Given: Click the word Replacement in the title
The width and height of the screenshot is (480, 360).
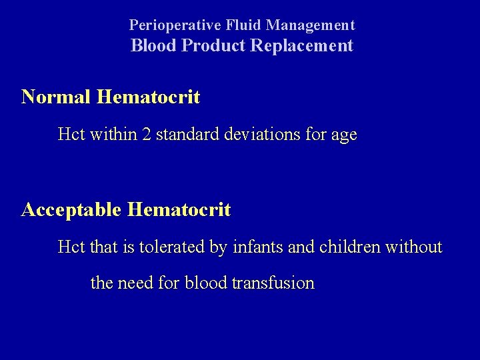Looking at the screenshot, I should tap(300, 46).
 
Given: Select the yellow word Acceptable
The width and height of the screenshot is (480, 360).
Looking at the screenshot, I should tap(70, 211).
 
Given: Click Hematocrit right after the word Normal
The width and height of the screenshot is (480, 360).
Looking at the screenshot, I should tap(147, 97).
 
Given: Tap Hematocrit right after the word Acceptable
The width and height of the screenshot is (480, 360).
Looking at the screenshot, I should tap(178, 211).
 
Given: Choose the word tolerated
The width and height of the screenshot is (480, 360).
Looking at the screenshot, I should tap(175, 248).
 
